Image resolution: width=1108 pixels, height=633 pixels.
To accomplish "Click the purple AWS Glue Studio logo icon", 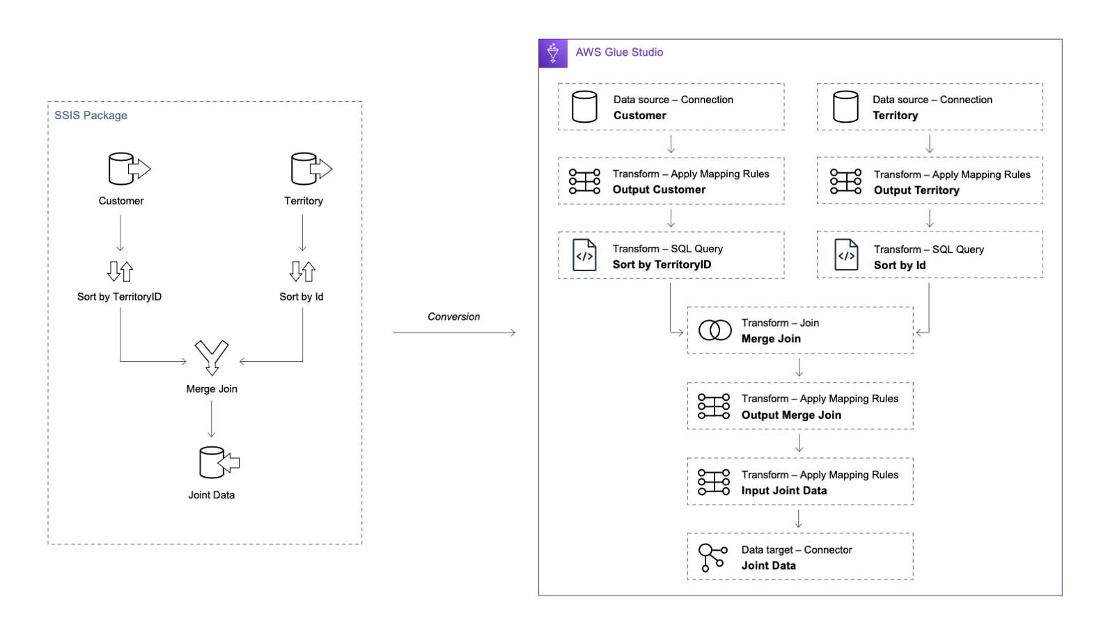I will pos(553,53).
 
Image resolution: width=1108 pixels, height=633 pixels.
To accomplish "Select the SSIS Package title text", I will pos(91,115).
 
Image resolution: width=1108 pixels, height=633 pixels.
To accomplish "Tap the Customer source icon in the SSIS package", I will pos(128,169).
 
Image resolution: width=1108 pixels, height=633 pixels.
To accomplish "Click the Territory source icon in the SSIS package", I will pos(311,169).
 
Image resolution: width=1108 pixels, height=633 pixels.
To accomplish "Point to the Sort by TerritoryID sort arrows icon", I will pos(120,271).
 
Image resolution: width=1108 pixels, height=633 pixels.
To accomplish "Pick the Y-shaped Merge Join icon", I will pos(212,357).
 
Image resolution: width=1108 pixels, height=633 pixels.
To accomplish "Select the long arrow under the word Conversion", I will pos(454,333).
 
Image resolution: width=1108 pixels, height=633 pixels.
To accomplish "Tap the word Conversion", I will pos(453,316).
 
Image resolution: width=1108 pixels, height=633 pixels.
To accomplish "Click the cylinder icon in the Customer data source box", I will pos(584,107).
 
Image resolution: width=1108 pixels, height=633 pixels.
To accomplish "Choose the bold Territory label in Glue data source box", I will pos(895,116).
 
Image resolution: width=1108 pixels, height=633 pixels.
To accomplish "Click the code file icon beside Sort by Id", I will pos(846,255).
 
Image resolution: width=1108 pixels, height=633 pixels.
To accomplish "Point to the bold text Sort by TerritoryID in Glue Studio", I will pos(662,265).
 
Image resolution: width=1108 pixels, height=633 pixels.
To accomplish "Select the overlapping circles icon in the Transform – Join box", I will pos(715,330).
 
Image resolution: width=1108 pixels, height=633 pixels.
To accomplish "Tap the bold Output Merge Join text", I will pos(791,415).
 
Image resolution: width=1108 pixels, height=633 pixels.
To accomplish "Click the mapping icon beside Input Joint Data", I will pos(714,482).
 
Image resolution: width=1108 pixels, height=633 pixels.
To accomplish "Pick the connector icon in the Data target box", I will pos(712,557).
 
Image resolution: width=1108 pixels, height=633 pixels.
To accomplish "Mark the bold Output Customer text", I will pos(659,190).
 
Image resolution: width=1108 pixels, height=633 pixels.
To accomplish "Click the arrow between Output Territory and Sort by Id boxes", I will pos(930,218).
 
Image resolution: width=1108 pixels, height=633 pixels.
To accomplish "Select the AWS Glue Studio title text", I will pos(619,52).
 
